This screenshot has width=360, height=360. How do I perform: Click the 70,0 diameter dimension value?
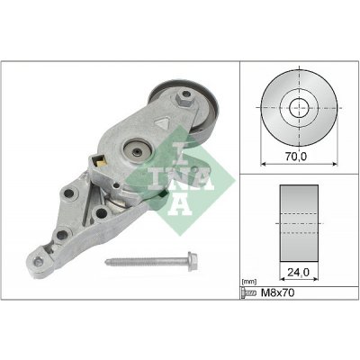click(294, 156)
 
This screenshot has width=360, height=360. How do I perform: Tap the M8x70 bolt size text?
click(280, 293)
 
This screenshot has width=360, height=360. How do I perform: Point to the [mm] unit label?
click(251, 282)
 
